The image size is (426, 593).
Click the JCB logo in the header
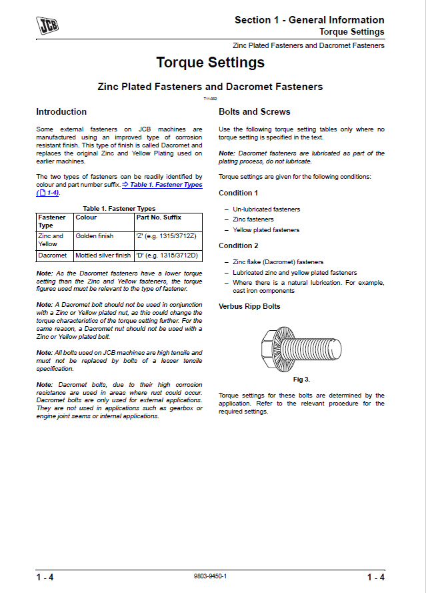pos(47,25)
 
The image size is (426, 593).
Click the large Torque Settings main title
pos(210,63)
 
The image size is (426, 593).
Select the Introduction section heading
pos(61,111)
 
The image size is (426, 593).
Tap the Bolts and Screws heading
pos(255,111)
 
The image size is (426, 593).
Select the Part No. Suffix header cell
pos(159,217)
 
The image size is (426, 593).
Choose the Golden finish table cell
pos(95,236)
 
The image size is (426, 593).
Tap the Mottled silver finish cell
pos(103,255)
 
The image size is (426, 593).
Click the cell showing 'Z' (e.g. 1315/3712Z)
pos(166,236)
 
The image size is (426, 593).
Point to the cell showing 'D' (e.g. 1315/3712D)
pos(167,255)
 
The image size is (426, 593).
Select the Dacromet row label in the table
pos(53,255)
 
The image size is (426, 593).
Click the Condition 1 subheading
pos(239,193)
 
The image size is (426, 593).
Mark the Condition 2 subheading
pos(239,245)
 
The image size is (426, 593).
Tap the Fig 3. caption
pos(301,379)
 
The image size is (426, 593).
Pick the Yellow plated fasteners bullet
pos(266,230)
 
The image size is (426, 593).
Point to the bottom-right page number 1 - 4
pos(375,577)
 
